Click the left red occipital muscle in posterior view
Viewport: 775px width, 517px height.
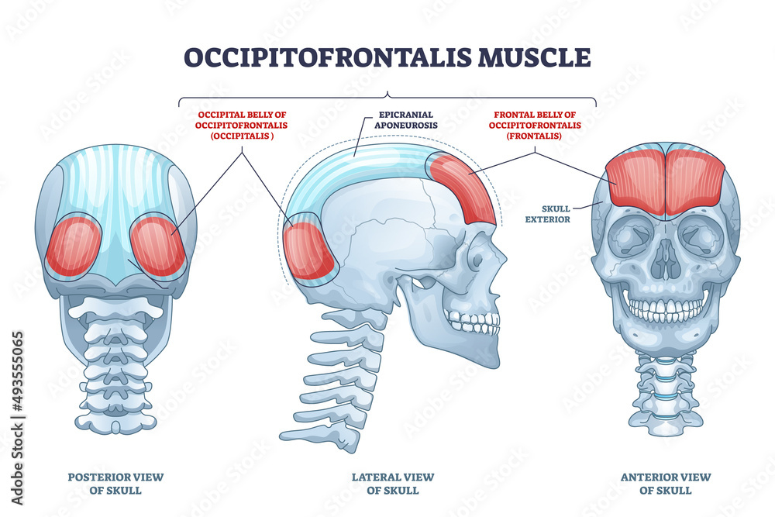pos(74,246)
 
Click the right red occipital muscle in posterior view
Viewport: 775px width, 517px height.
pos(158,246)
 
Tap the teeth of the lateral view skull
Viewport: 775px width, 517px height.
pos(473,319)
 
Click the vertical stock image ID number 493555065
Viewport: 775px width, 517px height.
pos(16,381)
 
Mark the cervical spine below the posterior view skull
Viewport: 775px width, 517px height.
pos(115,357)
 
